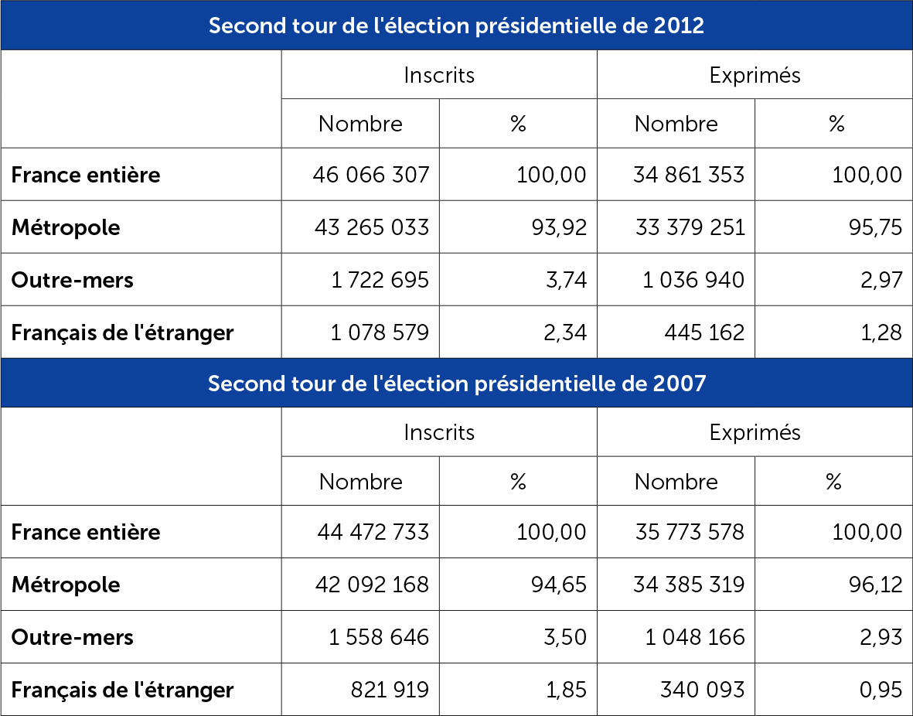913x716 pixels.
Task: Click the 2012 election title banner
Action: (x=456, y=26)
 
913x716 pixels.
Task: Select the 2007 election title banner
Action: (x=456, y=383)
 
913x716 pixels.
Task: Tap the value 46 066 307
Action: (x=371, y=175)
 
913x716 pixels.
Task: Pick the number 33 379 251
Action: (x=690, y=227)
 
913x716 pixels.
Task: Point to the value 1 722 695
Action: (x=380, y=280)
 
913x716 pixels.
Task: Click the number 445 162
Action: (x=704, y=332)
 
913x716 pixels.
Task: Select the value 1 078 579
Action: (x=380, y=332)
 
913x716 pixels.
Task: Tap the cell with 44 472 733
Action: (x=373, y=532)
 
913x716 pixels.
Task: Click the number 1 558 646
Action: (x=380, y=637)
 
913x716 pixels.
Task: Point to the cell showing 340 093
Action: (x=703, y=690)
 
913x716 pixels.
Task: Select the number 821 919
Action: (x=390, y=690)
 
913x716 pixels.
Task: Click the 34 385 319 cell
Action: (x=690, y=585)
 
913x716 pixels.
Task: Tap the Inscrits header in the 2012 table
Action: (x=439, y=75)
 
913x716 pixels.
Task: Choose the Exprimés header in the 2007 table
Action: (x=755, y=432)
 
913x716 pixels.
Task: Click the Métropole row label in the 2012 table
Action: (x=66, y=227)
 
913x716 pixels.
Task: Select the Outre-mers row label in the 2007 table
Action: (x=72, y=637)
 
